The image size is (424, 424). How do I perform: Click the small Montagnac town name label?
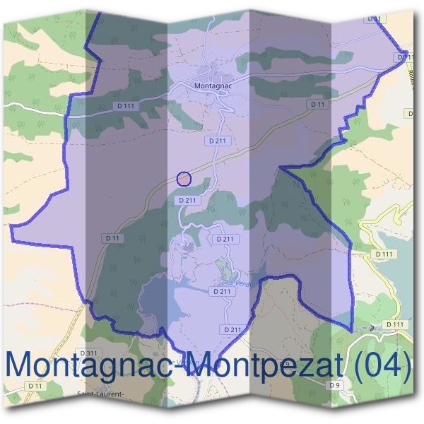coord(211,86)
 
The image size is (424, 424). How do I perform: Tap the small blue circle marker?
coord(183,179)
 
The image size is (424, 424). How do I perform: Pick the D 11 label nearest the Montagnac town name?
coord(317,104)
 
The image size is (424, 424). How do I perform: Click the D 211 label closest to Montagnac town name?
coord(220,141)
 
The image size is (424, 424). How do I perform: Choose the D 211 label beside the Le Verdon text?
coord(221,291)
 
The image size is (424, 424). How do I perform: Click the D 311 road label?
coord(88,353)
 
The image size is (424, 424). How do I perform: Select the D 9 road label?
coord(334,386)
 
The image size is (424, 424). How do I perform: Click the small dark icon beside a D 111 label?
coord(372,328)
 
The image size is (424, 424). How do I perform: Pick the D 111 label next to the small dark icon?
coord(395,324)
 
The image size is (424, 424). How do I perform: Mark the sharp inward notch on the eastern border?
coord(282,168)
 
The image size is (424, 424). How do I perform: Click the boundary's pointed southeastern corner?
coord(351,330)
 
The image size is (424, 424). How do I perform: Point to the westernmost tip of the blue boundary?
coord(11,228)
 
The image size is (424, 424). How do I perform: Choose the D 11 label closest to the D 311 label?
coord(35,386)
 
